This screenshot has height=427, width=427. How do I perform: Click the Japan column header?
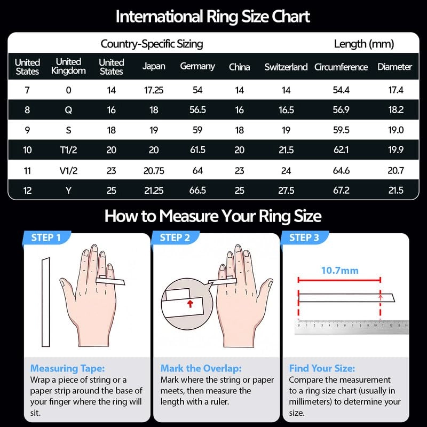click(154, 67)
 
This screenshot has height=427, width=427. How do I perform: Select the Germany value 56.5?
click(197, 110)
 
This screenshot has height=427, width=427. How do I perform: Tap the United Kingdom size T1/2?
click(68, 151)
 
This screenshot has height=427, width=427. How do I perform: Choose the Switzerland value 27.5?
click(286, 191)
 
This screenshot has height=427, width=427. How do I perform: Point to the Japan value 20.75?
click(154, 171)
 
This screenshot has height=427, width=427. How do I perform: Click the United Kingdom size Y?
click(68, 191)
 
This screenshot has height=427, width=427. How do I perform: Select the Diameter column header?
click(394, 67)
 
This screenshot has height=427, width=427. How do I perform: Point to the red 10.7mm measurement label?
click(339, 271)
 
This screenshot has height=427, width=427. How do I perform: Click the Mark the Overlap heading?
click(201, 368)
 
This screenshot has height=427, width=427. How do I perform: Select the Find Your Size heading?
click(322, 368)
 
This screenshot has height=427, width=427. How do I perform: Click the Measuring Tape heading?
click(67, 368)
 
